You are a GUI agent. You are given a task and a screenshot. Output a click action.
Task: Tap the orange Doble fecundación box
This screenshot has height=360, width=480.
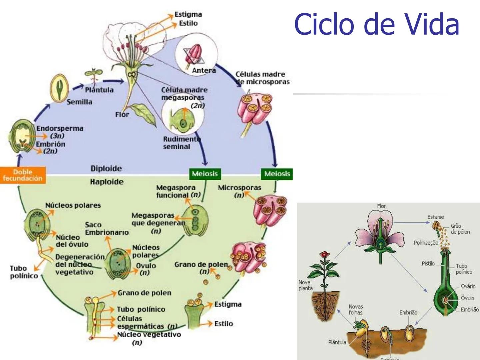click(23, 175)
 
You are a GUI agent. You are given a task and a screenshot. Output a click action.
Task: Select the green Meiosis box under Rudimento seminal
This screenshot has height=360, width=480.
click(205, 174)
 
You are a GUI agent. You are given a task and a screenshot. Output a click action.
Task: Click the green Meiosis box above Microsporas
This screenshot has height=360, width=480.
click(277, 174)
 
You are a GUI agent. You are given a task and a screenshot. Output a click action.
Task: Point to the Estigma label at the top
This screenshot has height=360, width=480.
click(188, 15)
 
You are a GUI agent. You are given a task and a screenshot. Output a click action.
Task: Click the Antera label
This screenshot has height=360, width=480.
click(204, 71)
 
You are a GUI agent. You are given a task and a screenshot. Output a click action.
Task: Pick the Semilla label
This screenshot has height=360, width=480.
click(79, 102)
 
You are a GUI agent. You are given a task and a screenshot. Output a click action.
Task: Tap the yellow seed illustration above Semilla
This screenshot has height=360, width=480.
click(60, 88)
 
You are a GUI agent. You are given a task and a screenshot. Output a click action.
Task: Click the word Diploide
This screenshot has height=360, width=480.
click(106, 169)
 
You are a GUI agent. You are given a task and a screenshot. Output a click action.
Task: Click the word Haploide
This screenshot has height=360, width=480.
click(107, 182)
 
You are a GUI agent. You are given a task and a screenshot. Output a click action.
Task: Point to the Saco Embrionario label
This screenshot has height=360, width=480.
click(107, 229)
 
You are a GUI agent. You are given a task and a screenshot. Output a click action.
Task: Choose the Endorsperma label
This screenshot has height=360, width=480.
click(60, 128)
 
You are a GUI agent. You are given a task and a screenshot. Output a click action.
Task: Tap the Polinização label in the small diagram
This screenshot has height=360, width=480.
click(426, 243)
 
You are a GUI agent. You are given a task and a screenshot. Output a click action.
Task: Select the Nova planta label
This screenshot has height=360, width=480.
click(305, 285)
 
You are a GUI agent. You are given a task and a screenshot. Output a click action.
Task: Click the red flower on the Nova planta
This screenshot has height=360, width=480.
click(323, 255)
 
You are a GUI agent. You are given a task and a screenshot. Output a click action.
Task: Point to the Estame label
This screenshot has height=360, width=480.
click(436, 217)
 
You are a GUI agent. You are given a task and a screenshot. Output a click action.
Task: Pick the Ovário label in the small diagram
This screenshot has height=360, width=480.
click(468, 286)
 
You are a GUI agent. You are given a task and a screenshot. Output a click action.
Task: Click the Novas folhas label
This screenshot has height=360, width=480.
click(356, 309)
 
